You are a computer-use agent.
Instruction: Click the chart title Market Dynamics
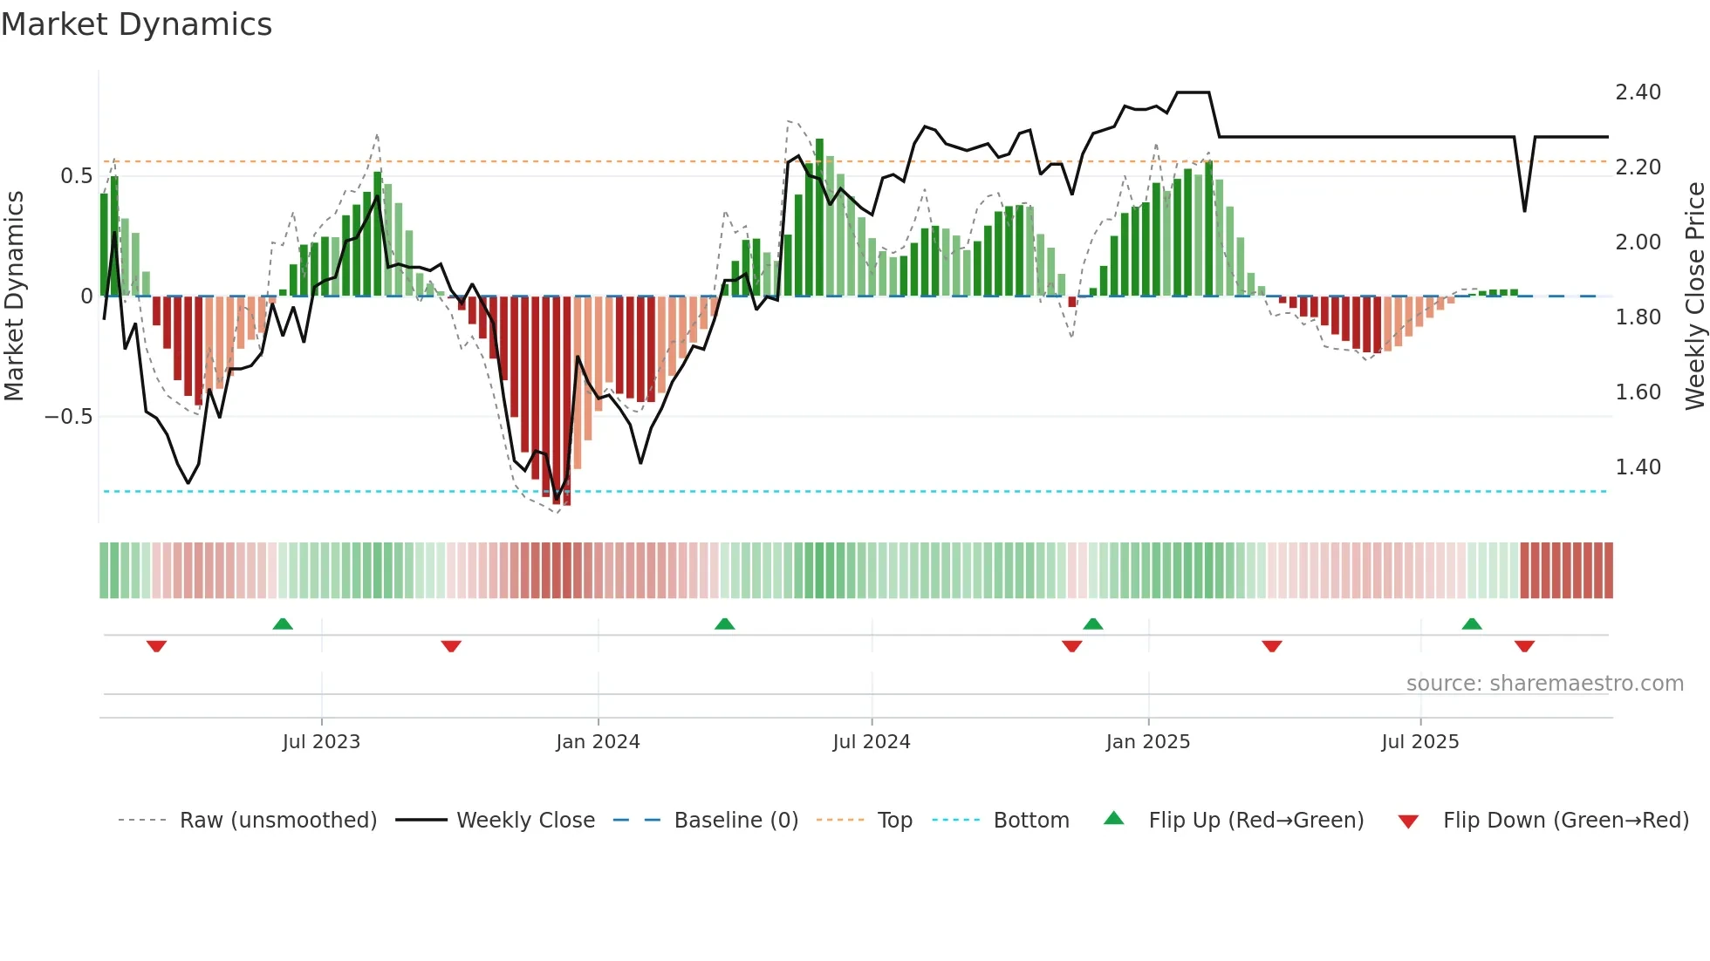[136, 24]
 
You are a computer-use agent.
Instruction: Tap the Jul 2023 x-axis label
[321, 742]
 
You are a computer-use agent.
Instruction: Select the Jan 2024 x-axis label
[598, 742]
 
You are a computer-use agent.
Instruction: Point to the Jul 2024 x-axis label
[871, 742]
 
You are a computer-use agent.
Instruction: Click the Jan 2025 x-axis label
[1147, 742]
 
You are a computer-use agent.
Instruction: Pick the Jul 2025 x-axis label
[1419, 742]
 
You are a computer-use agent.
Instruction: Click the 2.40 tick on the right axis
[1638, 92]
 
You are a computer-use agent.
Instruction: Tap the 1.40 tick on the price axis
[1638, 467]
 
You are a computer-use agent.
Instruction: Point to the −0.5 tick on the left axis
[68, 417]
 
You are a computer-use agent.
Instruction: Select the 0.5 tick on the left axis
[76, 176]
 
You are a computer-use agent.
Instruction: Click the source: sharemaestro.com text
[1544, 684]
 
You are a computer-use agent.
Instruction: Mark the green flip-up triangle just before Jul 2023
[283, 624]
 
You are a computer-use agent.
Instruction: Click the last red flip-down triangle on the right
[1524, 646]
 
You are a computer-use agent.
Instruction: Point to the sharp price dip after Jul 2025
[1524, 210]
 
